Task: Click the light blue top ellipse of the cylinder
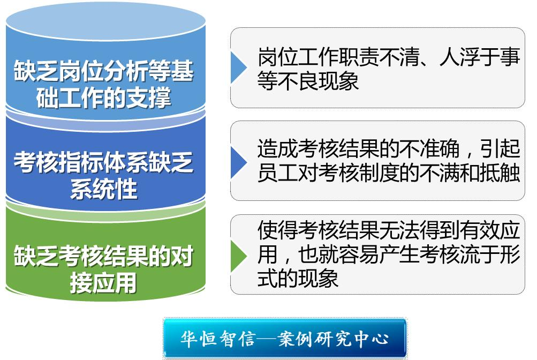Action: point(105,21)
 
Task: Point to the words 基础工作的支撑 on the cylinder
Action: point(103,97)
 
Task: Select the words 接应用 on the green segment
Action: point(103,283)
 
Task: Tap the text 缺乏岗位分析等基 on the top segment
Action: point(103,71)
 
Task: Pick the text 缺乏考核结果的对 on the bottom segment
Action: point(103,256)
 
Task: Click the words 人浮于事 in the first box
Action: point(480,57)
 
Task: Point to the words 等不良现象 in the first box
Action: point(308,81)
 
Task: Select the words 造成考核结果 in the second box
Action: point(318,148)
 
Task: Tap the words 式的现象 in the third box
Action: point(298,278)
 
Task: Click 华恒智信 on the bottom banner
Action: point(218,339)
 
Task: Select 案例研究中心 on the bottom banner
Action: point(333,339)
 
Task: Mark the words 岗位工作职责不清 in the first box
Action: point(338,57)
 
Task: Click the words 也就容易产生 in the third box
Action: point(359,254)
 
